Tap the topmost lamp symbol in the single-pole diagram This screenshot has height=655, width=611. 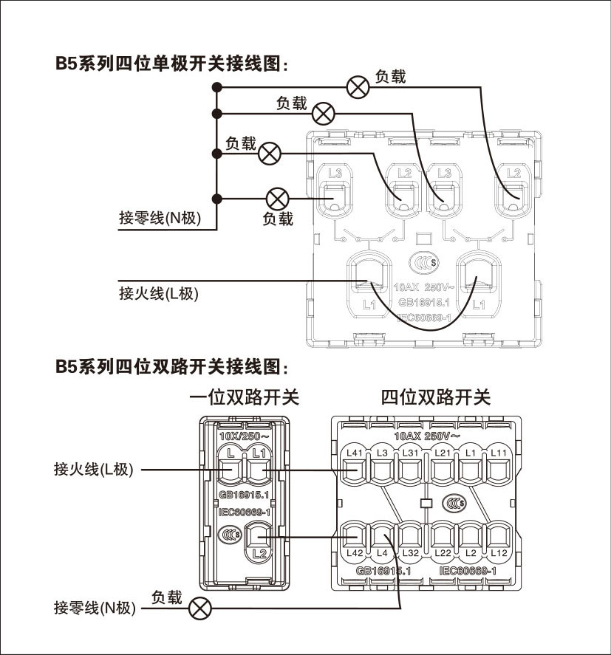coord(358,86)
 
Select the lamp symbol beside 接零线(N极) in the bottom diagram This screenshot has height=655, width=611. coord(199,608)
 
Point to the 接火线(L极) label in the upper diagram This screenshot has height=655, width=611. coord(159,293)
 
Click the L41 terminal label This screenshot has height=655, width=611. coord(355,452)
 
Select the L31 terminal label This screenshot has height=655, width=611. coord(412,452)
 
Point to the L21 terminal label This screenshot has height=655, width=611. coord(443,452)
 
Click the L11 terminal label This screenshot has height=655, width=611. coord(499,452)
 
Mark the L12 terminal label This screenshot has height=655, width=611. coord(499,553)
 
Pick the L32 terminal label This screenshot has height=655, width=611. coord(412,553)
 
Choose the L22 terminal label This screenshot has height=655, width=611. coord(443,553)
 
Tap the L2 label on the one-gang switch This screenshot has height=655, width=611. coord(257,552)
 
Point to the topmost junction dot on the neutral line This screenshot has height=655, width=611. coord(216,86)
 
